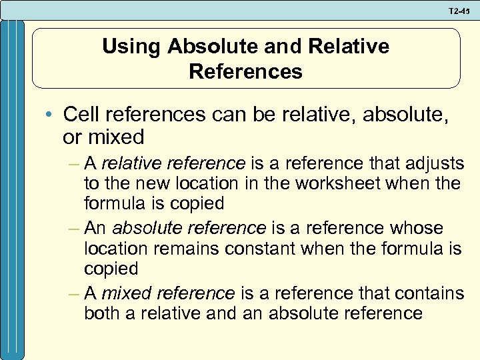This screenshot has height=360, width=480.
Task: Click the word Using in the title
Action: (132, 47)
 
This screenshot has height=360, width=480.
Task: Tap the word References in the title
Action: (245, 71)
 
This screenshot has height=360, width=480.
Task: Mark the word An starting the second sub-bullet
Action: (96, 228)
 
